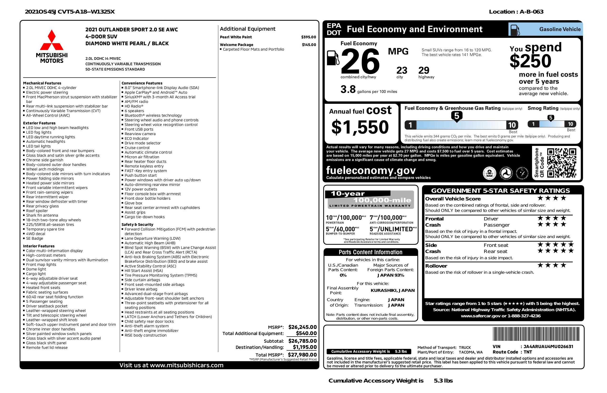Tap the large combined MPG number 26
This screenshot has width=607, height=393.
(x=360, y=61)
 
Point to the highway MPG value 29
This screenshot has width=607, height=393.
(x=424, y=70)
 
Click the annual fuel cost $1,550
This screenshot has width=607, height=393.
(x=360, y=127)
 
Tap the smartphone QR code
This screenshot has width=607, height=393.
(x=561, y=163)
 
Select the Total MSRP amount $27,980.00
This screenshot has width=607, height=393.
(x=302, y=354)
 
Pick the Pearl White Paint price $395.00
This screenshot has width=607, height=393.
(x=308, y=37)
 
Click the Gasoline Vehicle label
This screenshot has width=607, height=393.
(x=560, y=29)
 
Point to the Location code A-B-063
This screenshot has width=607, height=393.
(x=532, y=12)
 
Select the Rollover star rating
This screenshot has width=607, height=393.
(x=552, y=265)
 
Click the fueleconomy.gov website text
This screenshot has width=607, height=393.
(x=371, y=170)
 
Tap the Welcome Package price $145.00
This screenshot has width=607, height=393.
(x=309, y=45)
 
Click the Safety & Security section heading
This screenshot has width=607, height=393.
(x=137, y=224)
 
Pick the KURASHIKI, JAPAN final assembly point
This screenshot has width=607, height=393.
(x=393, y=290)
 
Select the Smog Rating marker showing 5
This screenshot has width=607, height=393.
(x=551, y=118)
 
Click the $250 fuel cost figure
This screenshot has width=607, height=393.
(x=531, y=61)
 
